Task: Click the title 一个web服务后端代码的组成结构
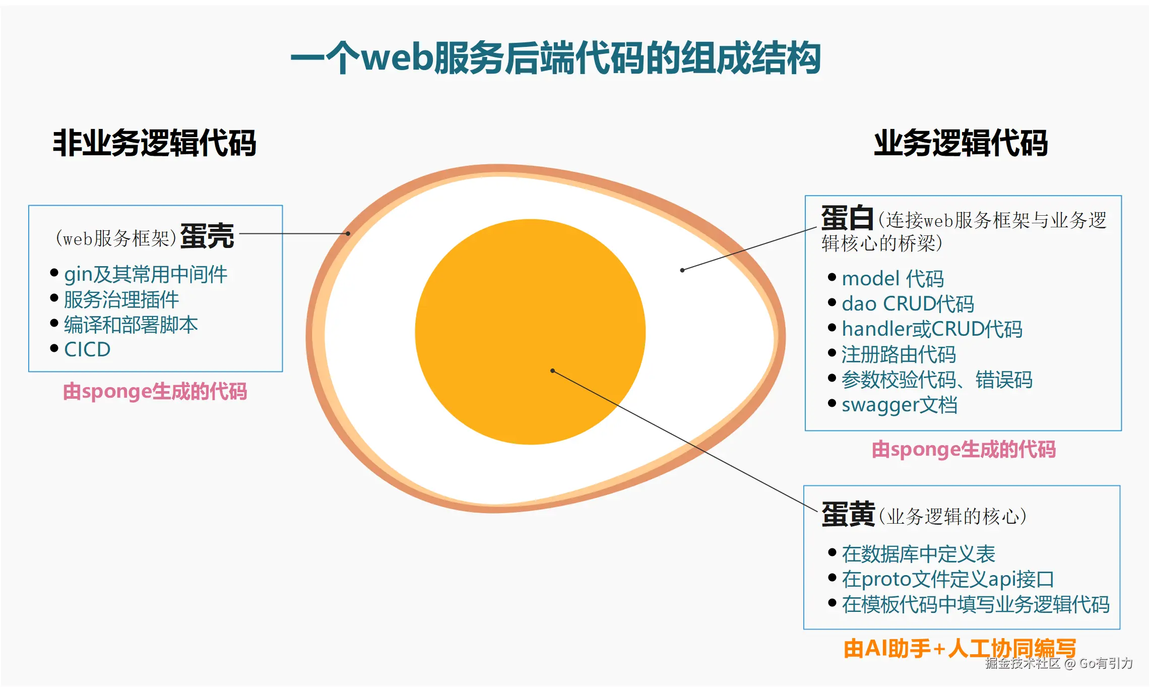click(555, 58)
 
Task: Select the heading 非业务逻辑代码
click(154, 143)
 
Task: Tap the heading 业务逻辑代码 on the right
click(961, 143)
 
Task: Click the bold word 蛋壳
click(207, 236)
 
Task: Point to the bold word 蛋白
click(847, 218)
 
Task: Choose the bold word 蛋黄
click(848, 515)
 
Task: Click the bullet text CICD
click(87, 349)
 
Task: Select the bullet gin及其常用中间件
click(146, 274)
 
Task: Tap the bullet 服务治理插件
click(121, 299)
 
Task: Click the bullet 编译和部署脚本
click(131, 325)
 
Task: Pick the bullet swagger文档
click(900, 405)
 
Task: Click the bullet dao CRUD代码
click(908, 303)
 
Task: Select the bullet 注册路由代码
click(899, 354)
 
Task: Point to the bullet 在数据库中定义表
click(918, 554)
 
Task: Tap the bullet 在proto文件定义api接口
click(947, 579)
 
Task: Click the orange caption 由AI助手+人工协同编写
click(960, 648)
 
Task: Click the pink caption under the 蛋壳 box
click(155, 392)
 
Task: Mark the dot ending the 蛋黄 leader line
click(553, 370)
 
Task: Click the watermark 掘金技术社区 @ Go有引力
click(1059, 663)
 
